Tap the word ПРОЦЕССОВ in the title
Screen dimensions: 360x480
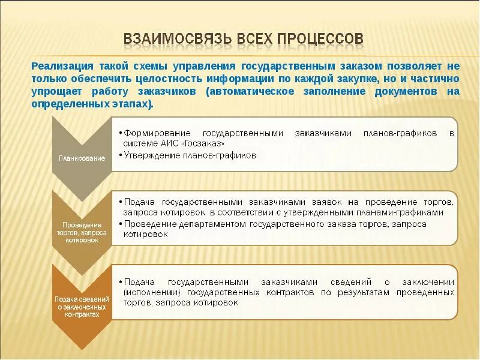click(320, 38)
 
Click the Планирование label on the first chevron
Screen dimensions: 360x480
click(82, 158)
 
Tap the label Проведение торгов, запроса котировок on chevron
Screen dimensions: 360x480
click(82, 233)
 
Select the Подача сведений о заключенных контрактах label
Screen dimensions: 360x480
click(82, 306)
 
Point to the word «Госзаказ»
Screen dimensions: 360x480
click(203, 143)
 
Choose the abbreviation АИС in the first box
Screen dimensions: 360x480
click(167, 143)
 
